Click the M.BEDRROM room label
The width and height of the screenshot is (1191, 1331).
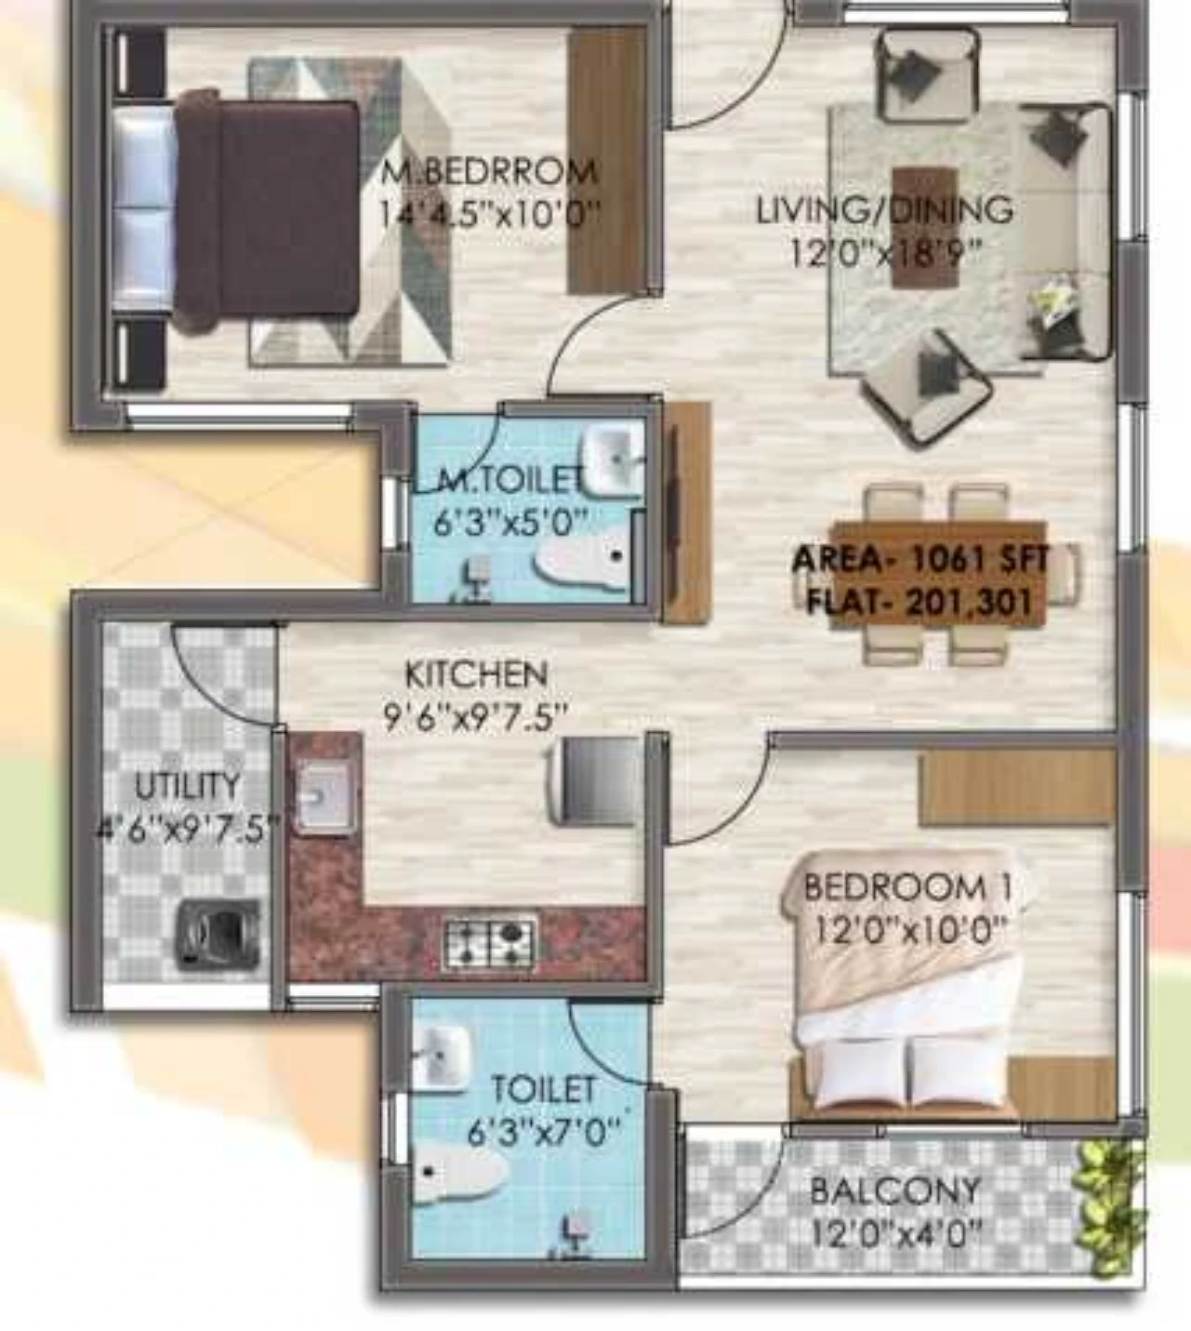(490, 172)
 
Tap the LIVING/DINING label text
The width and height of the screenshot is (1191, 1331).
(884, 210)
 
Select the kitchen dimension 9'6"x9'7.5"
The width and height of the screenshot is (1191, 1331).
(474, 719)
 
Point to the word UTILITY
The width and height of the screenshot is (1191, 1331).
(188, 786)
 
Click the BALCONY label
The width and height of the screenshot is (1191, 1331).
(894, 1191)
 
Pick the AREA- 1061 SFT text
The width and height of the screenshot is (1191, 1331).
(920, 560)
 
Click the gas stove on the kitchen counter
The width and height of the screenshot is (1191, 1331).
(490, 942)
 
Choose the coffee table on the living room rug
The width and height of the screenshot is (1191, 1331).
(925, 227)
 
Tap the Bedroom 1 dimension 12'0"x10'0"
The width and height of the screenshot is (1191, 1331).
(910, 930)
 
